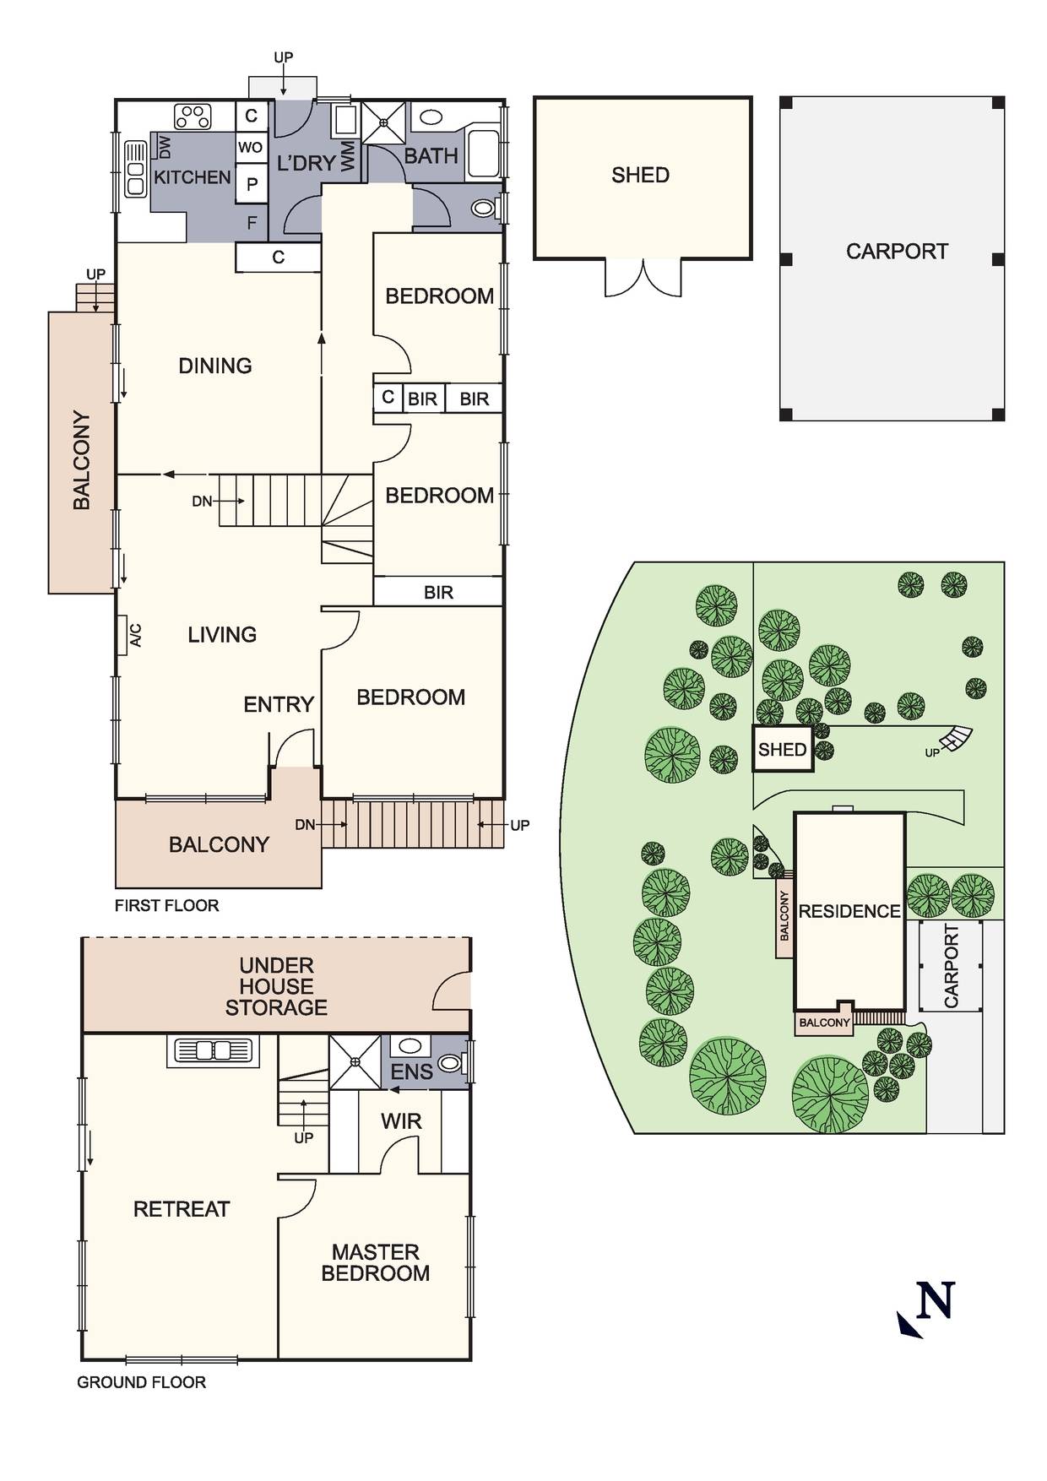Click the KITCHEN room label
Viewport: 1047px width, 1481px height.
tap(192, 177)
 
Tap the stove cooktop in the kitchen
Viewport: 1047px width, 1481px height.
tap(193, 116)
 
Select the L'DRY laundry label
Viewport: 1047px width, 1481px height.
tap(306, 163)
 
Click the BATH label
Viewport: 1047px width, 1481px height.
tap(431, 156)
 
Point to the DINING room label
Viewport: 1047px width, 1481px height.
tap(214, 366)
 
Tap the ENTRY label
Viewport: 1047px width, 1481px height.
tap(278, 704)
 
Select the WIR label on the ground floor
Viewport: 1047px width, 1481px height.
tap(400, 1121)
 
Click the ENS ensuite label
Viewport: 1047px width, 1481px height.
tap(411, 1072)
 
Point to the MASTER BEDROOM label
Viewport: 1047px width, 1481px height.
tap(375, 1262)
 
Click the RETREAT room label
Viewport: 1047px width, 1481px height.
tap(181, 1209)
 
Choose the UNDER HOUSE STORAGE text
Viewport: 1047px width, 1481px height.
tap(275, 986)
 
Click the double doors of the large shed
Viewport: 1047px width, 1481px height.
tap(643, 279)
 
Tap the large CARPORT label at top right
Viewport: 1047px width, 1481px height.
tap(897, 252)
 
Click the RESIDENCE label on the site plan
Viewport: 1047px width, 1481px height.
tap(849, 911)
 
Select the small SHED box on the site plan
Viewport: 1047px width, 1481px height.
tap(782, 749)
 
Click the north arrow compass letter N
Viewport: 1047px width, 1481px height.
tap(935, 1301)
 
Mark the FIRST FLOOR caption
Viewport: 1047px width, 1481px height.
tap(166, 905)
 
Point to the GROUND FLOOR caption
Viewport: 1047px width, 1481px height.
tap(141, 1382)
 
